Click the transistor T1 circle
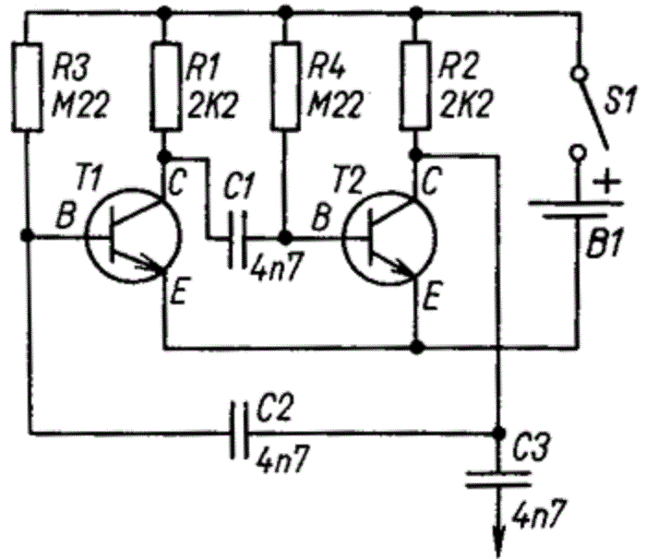[x=129, y=237]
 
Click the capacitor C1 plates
[x=241, y=237]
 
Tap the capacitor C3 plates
[x=499, y=480]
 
